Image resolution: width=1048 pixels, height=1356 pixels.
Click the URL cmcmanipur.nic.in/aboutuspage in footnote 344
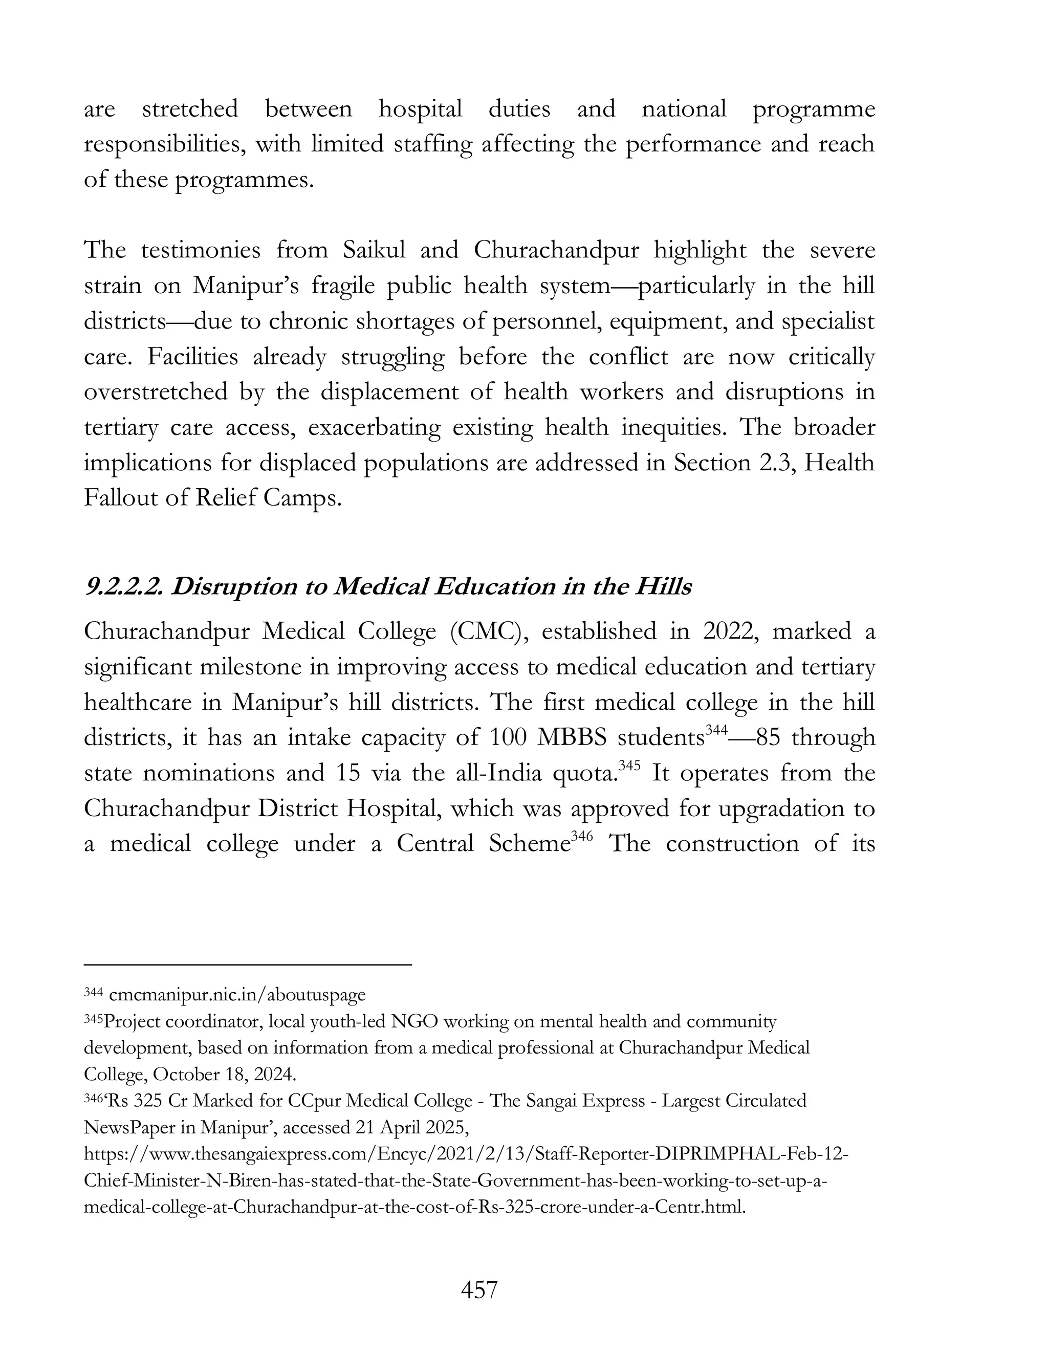tap(236, 995)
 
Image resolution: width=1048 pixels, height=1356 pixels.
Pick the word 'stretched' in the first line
tap(190, 110)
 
